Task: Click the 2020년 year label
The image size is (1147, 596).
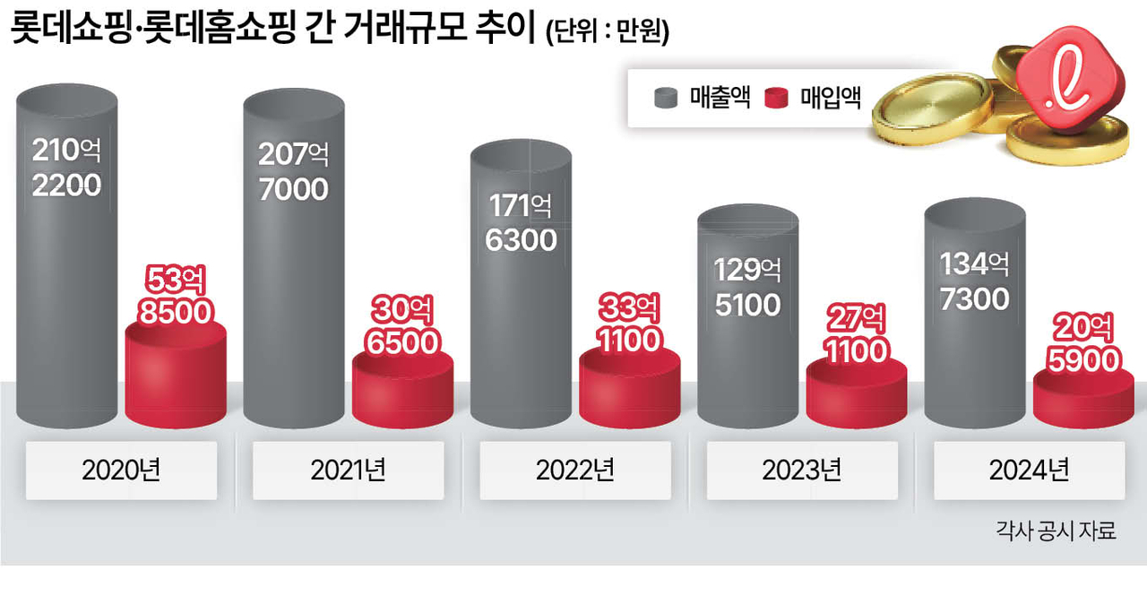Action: point(121,471)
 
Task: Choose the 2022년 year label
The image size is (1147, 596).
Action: point(575,471)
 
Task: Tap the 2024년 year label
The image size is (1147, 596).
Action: point(1029,471)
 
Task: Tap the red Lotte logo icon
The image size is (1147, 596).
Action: point(1079,87)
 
